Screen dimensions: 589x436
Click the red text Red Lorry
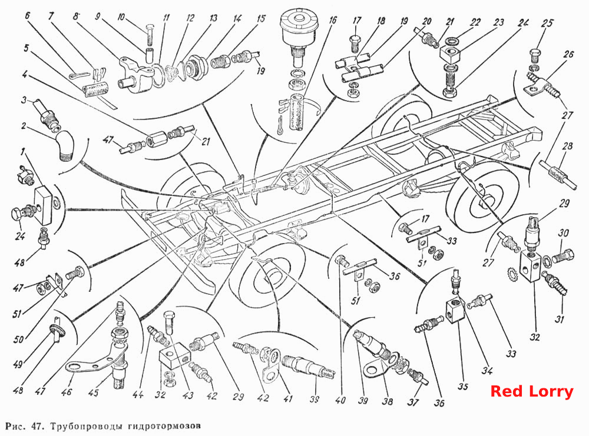point(532,391)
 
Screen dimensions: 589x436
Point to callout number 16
point(332,19)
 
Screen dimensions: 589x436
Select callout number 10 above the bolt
point(121,17)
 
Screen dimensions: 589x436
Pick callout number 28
point(567,146)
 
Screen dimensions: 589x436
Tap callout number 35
point(463,386)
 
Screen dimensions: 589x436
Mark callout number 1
point(24,152)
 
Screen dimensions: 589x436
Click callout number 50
point(19,340)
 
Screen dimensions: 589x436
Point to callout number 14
point(237,19)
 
